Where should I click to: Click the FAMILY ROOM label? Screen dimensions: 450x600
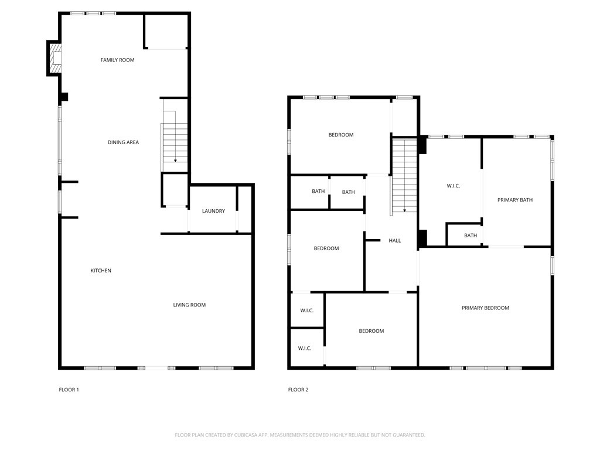coord(117,60)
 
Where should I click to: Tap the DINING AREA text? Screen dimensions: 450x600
coord(123,142)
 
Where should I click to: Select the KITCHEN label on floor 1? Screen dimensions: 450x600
coord(101,271)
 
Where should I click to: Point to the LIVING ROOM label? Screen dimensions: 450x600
coord(189,305)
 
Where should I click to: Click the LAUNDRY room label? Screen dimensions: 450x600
coord(213,211)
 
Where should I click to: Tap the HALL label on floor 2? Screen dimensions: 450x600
coord(395,241)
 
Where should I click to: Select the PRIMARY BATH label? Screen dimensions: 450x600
coord(515,200)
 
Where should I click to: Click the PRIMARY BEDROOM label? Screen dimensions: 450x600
coord(485,308)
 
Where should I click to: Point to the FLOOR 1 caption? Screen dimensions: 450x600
coord(69,390)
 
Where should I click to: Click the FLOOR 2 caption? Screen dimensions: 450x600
coord(298,390)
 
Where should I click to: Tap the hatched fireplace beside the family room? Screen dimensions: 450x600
coord(54,59)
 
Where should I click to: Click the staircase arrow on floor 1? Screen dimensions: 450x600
coord(175,159)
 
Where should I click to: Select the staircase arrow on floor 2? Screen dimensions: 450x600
coord(404,210)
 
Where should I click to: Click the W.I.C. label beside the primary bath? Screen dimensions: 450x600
coord(454,186)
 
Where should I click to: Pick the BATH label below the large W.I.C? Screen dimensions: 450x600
coord(471,236)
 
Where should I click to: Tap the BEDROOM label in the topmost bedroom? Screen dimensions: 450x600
coord(340,135)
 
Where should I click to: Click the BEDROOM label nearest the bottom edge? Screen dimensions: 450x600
coord(371,331)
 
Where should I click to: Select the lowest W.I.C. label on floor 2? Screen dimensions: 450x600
coord(305,349)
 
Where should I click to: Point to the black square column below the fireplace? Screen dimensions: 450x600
coord(64,97)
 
